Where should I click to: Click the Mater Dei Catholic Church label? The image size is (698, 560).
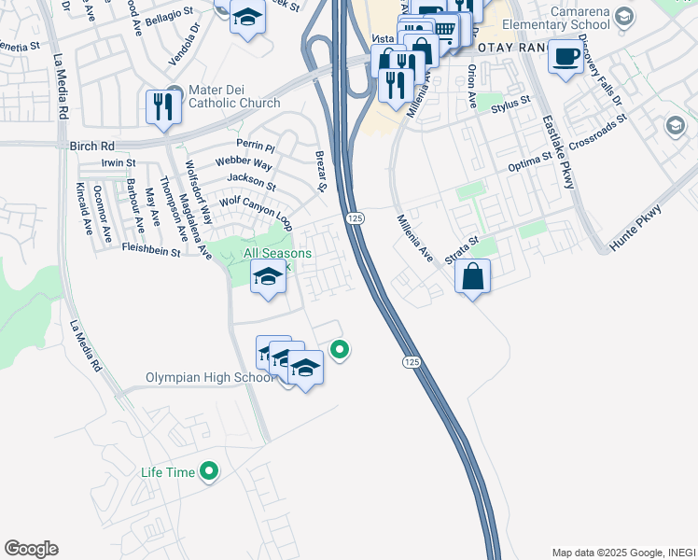[234, 96]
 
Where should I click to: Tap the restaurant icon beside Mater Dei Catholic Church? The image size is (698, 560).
[163, 106]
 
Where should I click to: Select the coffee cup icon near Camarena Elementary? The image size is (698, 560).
[565, 58]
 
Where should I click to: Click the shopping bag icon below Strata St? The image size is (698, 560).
[473, 276]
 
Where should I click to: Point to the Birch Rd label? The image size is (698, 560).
[91, 147]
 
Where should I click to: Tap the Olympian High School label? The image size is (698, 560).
[210, 378]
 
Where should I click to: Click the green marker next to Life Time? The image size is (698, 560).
[210, 472]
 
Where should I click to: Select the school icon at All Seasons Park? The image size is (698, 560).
[268, 277]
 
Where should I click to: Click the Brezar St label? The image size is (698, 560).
[321, 173]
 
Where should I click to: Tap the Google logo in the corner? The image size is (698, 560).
[31, 549]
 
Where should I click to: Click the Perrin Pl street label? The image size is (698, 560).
[256, 147]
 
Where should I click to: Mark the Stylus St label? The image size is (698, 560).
[510, 105]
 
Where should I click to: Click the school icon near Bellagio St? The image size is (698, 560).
[247, 19]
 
